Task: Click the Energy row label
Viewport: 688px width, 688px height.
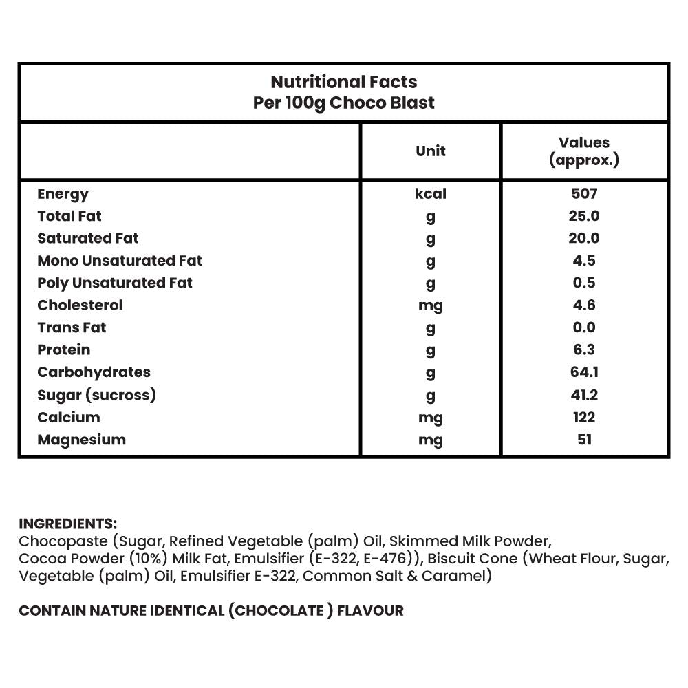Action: point(63,194)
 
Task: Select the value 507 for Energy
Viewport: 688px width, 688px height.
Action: point(584,194)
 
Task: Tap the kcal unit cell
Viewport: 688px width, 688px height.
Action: point(431,194)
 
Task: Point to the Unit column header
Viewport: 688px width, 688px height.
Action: point(431,151)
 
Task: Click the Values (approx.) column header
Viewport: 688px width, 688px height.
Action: point(584,151)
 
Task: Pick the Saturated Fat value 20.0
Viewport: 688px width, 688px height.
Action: point(584,238)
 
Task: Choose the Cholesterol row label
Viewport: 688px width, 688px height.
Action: point(80,305)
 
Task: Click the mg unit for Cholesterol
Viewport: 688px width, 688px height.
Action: point(431,305)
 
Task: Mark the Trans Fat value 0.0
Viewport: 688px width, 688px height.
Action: point(584,327)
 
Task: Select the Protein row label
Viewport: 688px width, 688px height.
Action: point(63,350)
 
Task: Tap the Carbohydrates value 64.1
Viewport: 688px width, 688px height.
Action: point(584,372)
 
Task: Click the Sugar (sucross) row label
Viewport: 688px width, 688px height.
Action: point(96,395)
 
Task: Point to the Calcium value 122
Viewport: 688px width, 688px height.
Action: point(584,417)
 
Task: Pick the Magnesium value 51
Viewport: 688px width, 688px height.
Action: point(584,440)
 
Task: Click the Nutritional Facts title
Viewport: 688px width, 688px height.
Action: point(344,82)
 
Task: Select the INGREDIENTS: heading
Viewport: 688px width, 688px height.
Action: point(67,524)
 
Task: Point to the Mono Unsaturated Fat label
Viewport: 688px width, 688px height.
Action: point(120,261)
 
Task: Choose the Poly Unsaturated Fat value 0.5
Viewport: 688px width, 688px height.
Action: point(584,283)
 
